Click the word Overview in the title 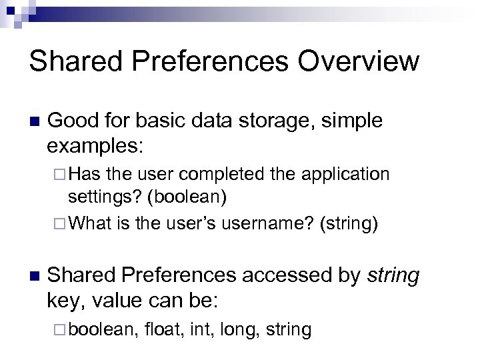tap(359, 61)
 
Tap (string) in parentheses tap(348, 224)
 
